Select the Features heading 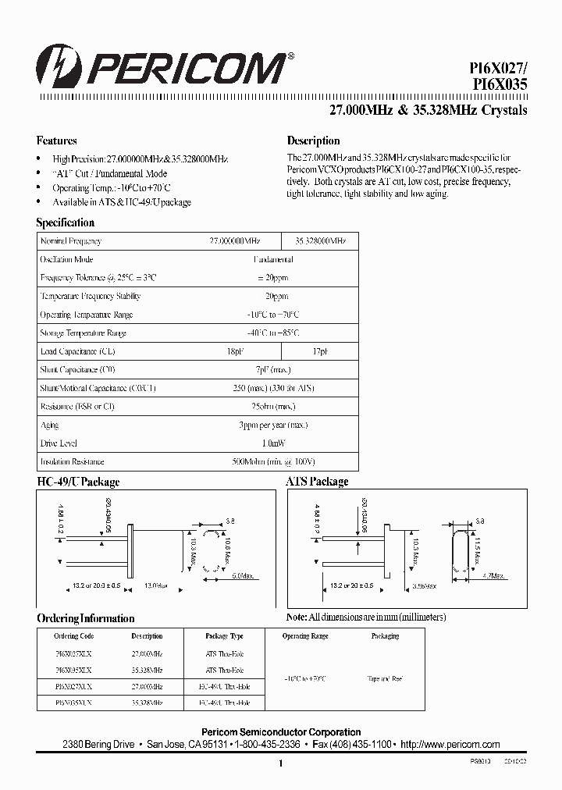(x=57, y=141)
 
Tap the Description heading (x=313, y=141)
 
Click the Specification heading (x=66, y=222)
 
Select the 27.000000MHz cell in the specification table (x=234, y=242)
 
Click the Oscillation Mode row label (x=67, y=260)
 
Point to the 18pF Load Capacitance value (x=234, y=351)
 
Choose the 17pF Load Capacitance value (x=319, y=351)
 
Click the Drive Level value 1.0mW (x=272, y=443)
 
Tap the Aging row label (x=49, y=425)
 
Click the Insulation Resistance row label (x=72, y=461)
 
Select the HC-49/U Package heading (x=78, y=482)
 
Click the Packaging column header (x=385, y=636)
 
